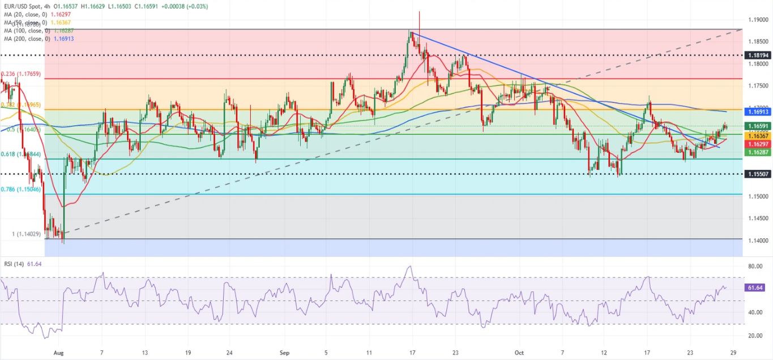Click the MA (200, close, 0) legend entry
tap(38, 38)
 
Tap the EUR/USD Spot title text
tap(24, 6)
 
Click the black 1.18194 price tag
tap(758, 55)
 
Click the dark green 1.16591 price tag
tap(758, 126)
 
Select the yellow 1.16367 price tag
tap(758, 136)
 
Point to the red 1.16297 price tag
tap(758, 144)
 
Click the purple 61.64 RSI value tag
tap(757, 288)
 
